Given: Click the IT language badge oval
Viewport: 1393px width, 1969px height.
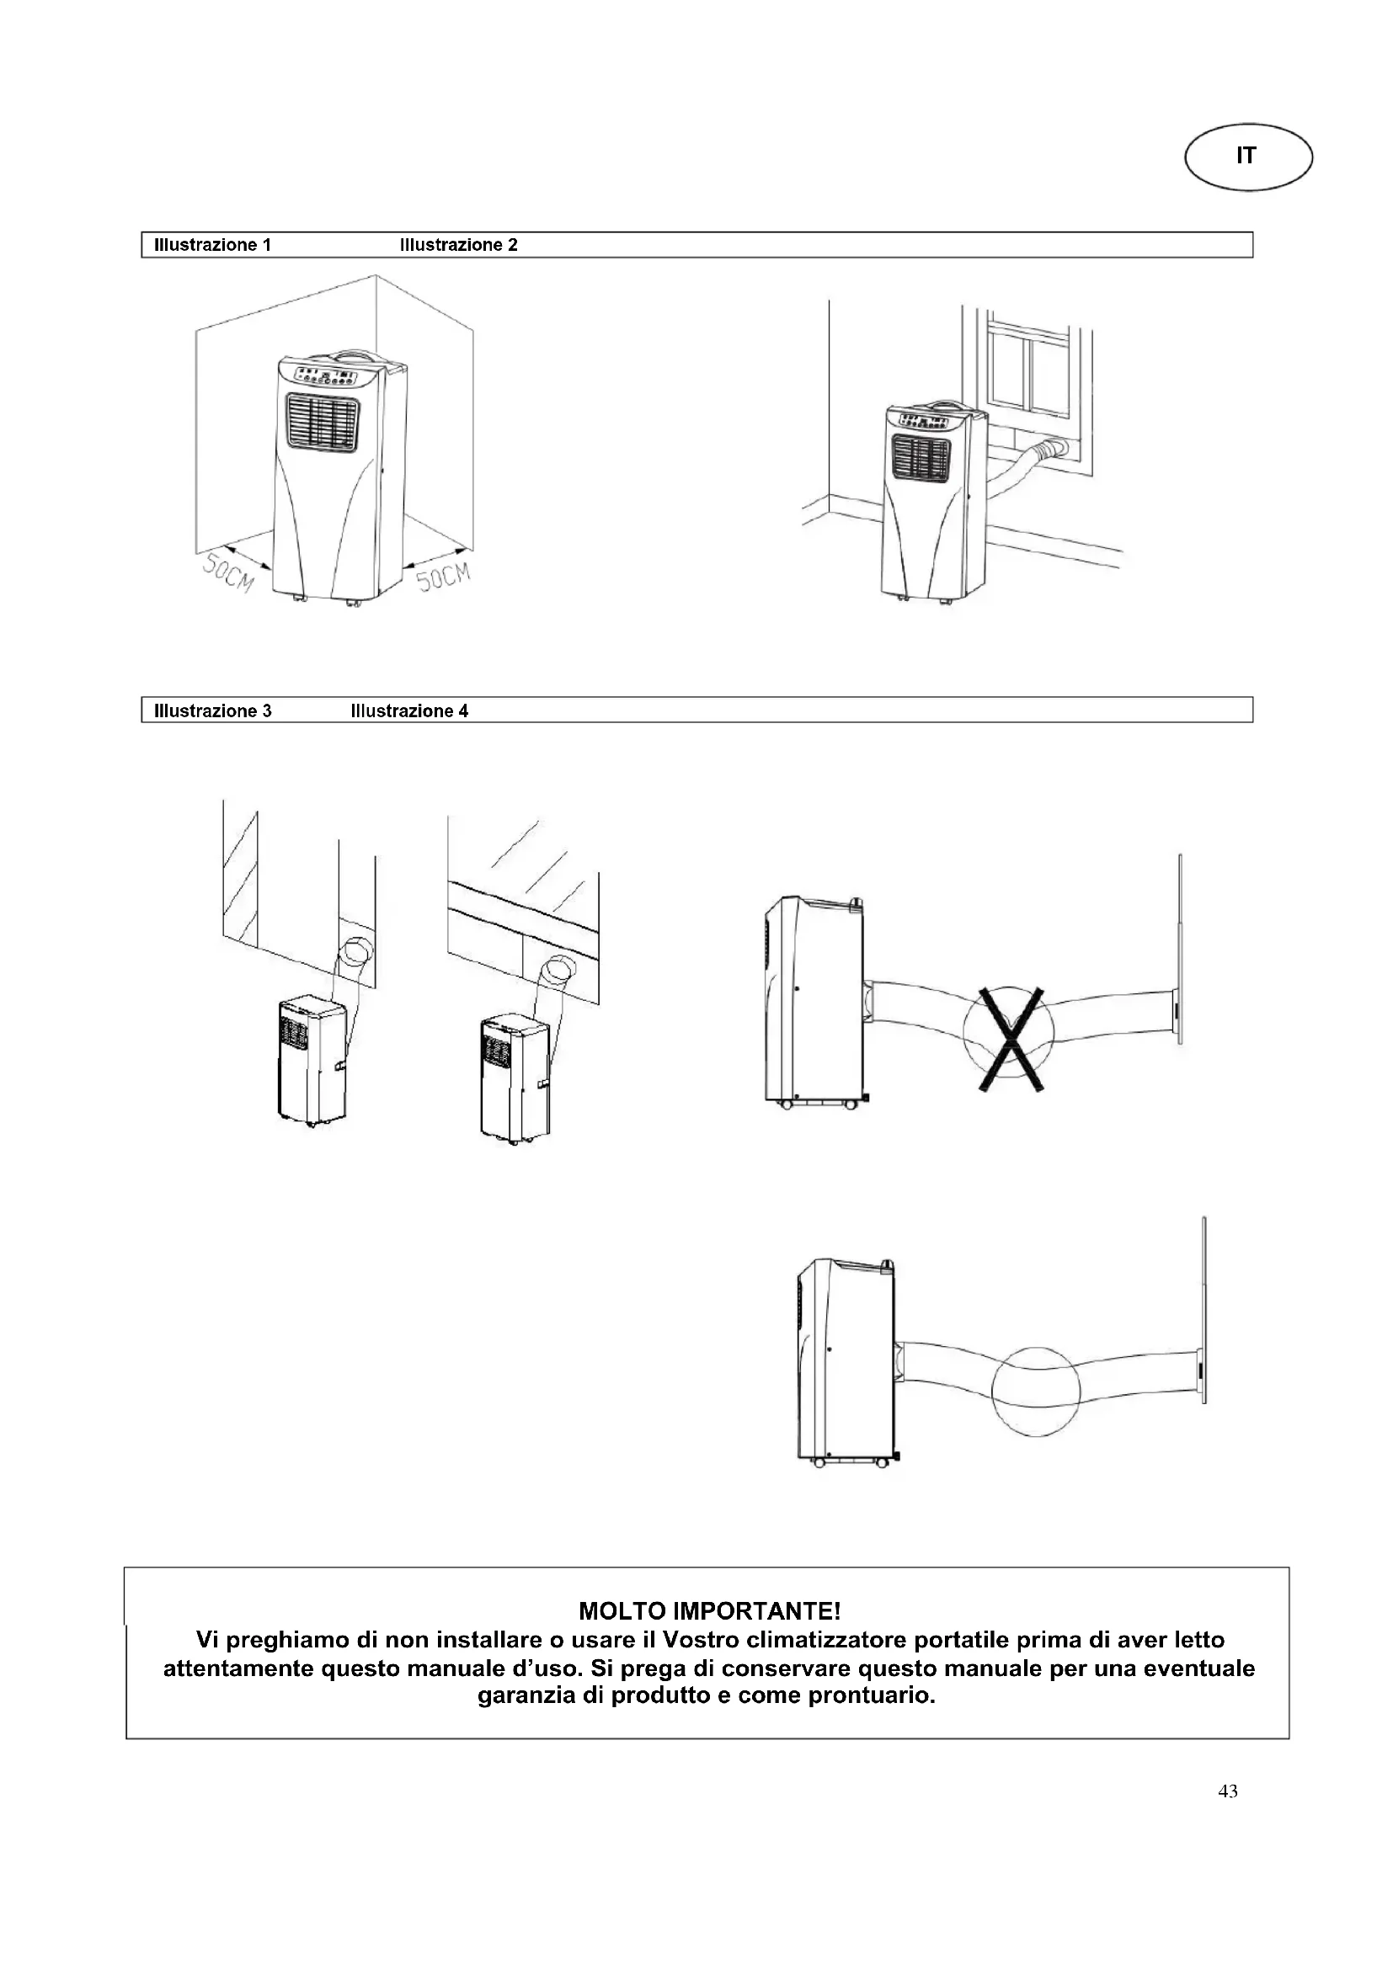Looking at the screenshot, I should click(1247, 156).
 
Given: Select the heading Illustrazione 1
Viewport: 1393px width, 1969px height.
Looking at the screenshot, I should click(212, 245).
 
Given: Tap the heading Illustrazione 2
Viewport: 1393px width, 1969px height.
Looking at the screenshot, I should click(458, 245).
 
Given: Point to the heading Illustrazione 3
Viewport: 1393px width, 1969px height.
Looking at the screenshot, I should click(212, 711).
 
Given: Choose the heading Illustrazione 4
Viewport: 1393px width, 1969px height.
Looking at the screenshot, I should click(409, 711).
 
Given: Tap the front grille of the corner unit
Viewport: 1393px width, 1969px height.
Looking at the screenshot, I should click(322, 423).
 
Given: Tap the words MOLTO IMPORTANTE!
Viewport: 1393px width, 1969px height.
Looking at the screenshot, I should click(708, 1610).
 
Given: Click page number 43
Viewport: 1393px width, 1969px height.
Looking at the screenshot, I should click(1227, 1791).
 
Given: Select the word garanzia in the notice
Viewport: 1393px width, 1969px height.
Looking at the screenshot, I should click(526, 1695).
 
